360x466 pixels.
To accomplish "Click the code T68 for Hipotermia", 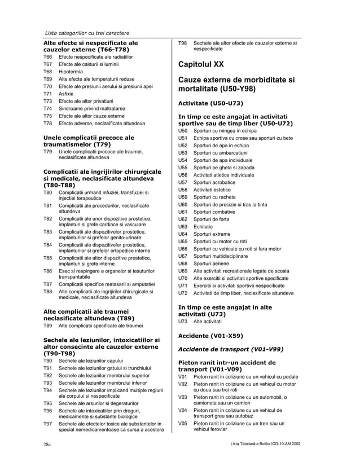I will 47,72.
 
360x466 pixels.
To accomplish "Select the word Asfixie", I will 68,94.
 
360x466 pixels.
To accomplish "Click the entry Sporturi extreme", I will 212,234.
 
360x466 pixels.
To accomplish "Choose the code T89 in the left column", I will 47,326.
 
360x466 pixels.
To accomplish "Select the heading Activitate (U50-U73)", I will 210,103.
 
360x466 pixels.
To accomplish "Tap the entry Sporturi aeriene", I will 212,263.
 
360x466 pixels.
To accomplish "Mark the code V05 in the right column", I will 182,423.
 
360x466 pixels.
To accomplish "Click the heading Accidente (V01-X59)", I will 210,336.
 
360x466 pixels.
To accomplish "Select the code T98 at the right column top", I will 182,43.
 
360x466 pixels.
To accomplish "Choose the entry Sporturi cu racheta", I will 214,197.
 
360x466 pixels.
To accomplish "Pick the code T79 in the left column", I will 47,152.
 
